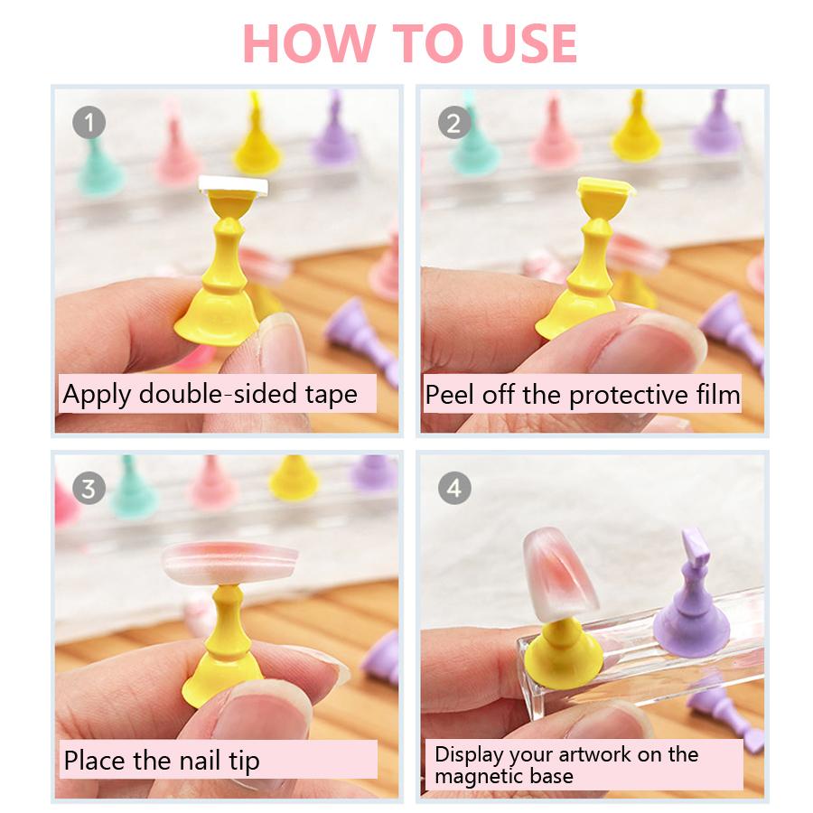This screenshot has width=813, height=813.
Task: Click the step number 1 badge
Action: coord(89,121)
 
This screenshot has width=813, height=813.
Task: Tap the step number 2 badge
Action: coord(454,121)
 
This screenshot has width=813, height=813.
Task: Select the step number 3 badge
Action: coord(89,488)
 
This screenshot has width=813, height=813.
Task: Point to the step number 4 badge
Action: coord(454,488)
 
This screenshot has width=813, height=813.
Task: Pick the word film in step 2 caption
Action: coord(715,395)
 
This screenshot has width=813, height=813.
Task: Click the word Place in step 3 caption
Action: coord(94,760)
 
